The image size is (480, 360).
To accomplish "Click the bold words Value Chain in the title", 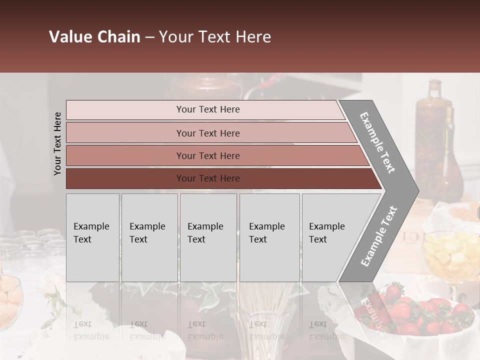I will pyautogui.click(x=94, y=37).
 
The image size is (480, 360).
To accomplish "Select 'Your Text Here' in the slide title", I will pyautogui.click(x=215, y=37).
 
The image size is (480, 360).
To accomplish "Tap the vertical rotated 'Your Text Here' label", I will pyautogui.click(x=57, y=143).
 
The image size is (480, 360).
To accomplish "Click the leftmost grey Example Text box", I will pyautogui.click(x=92, y=237).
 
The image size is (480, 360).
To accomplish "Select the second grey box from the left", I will pyautogui.click(x=149, y=237).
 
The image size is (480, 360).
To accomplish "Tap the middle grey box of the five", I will pyautogui.click(x=208, y=237).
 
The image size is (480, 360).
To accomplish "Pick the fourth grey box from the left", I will pyautogui.click(x=269, y=237).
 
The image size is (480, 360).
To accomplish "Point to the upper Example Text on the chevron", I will pyautogui.click(x=377, y=142).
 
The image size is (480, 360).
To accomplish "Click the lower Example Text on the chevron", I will pyautogui.click(x=379, y=236).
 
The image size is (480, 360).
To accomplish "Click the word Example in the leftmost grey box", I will pyautogui.click(x=91, y=226).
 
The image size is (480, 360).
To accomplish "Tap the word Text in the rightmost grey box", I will pyautogui.click(x=317, y=239).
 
